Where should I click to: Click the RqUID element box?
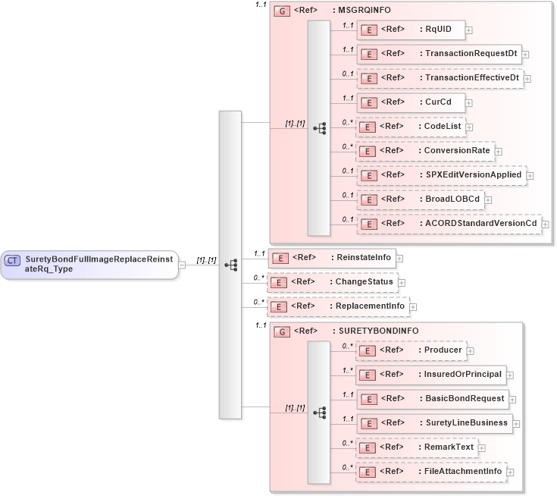tap(410, 30)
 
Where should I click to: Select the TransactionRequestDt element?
tap(439, 54)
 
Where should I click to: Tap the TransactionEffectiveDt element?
tap(440, 78)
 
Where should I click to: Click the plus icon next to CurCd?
tap(470, 102)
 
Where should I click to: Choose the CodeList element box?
tap(410, 127)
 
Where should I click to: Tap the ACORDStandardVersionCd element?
tap(449, 224)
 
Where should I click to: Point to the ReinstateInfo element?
tap(332, 258)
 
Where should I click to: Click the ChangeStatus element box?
tap(333, 282)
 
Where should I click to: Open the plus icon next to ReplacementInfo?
tap(414, 306)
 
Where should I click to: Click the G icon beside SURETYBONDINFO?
tap(281, 331)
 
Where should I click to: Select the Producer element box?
tap(411, 350)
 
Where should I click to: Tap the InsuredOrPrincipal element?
tap(430, 375)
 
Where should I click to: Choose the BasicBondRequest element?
tap(432, 399)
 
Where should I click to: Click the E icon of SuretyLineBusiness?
tap(368, 423)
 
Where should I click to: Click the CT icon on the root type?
tap(12, 260)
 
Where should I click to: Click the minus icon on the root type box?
tap(183, 265)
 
